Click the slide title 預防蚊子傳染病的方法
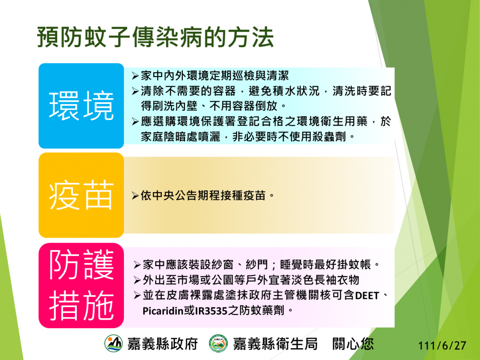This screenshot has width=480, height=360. pyautogui.click(x=155, y=37)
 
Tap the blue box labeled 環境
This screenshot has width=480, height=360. pyautogui.click(x=81, y=106)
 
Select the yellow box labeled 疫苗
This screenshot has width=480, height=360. pyautogui.click(x=81, y=195)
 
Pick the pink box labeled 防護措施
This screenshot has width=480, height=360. pyautogui.click(x=81, y=285)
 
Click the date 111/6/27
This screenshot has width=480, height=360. pyautogui.click(x=442, y=346)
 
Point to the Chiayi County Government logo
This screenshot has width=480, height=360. pyautogui.click(x=113, y=343)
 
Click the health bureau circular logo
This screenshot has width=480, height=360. pyautogui.click(x=218, y=343)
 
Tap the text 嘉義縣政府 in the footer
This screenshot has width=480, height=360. pyautogui.click(x=163, y=344)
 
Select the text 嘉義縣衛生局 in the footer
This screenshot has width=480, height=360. pyautogui.click(x=275, y=344)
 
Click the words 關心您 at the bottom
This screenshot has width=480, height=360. pyautogui.click(x=353, y=344)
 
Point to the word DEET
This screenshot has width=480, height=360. pyautogui.click(x=367, y=296)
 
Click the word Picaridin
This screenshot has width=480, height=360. pyautogui.click(x=163, y=311)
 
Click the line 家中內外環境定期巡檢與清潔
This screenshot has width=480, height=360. pyautogui.click(x=215, y=75)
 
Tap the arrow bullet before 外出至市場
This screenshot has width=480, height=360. pyautogui.click(x=137, y=280)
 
